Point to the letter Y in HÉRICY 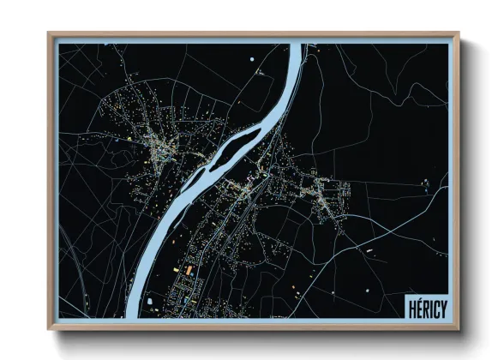(x=441, y=307)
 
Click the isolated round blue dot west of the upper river (x=253, y=58)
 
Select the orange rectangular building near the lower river (x=188, y=270)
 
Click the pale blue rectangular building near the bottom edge (x=151, y=302)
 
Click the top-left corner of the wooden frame (x=49, y=33)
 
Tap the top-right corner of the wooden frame (x=459, y=33)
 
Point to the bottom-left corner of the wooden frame (x=49, y=329)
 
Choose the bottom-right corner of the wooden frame (x=459, y=329)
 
